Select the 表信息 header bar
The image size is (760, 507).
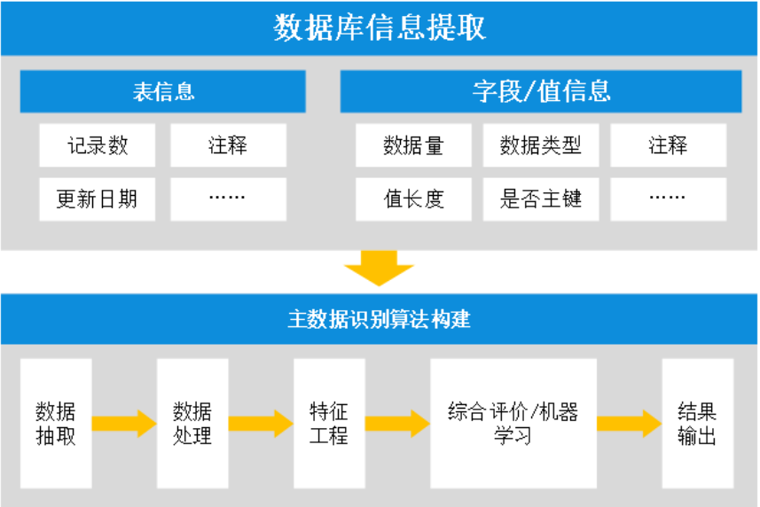(x=163, y=91)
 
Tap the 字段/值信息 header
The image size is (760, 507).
(x=541, y=91)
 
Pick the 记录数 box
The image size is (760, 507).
(x=98, y=145)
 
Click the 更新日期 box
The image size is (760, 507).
(x=98, y=199)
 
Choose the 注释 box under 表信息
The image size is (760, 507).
(x=228, y=145)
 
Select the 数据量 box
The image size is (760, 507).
(x=413, y=145)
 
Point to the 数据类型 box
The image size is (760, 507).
(x=541, y=145)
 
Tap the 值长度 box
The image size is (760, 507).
(x=413, y=199)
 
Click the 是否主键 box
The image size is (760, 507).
(x=541, y=199)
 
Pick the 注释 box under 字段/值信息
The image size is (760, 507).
(x=668, y=145)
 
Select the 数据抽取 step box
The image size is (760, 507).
(x=56, y=424)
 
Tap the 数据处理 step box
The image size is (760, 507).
(x=192, y=424)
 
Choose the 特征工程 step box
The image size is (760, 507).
(x=329, y=424)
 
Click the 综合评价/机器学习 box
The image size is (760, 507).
(x=513, y=424)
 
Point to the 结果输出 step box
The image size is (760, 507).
(x=697, y=424)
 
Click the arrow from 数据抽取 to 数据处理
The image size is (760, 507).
(x=123, y=424)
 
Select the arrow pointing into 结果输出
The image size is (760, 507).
(x=629, y=424)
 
